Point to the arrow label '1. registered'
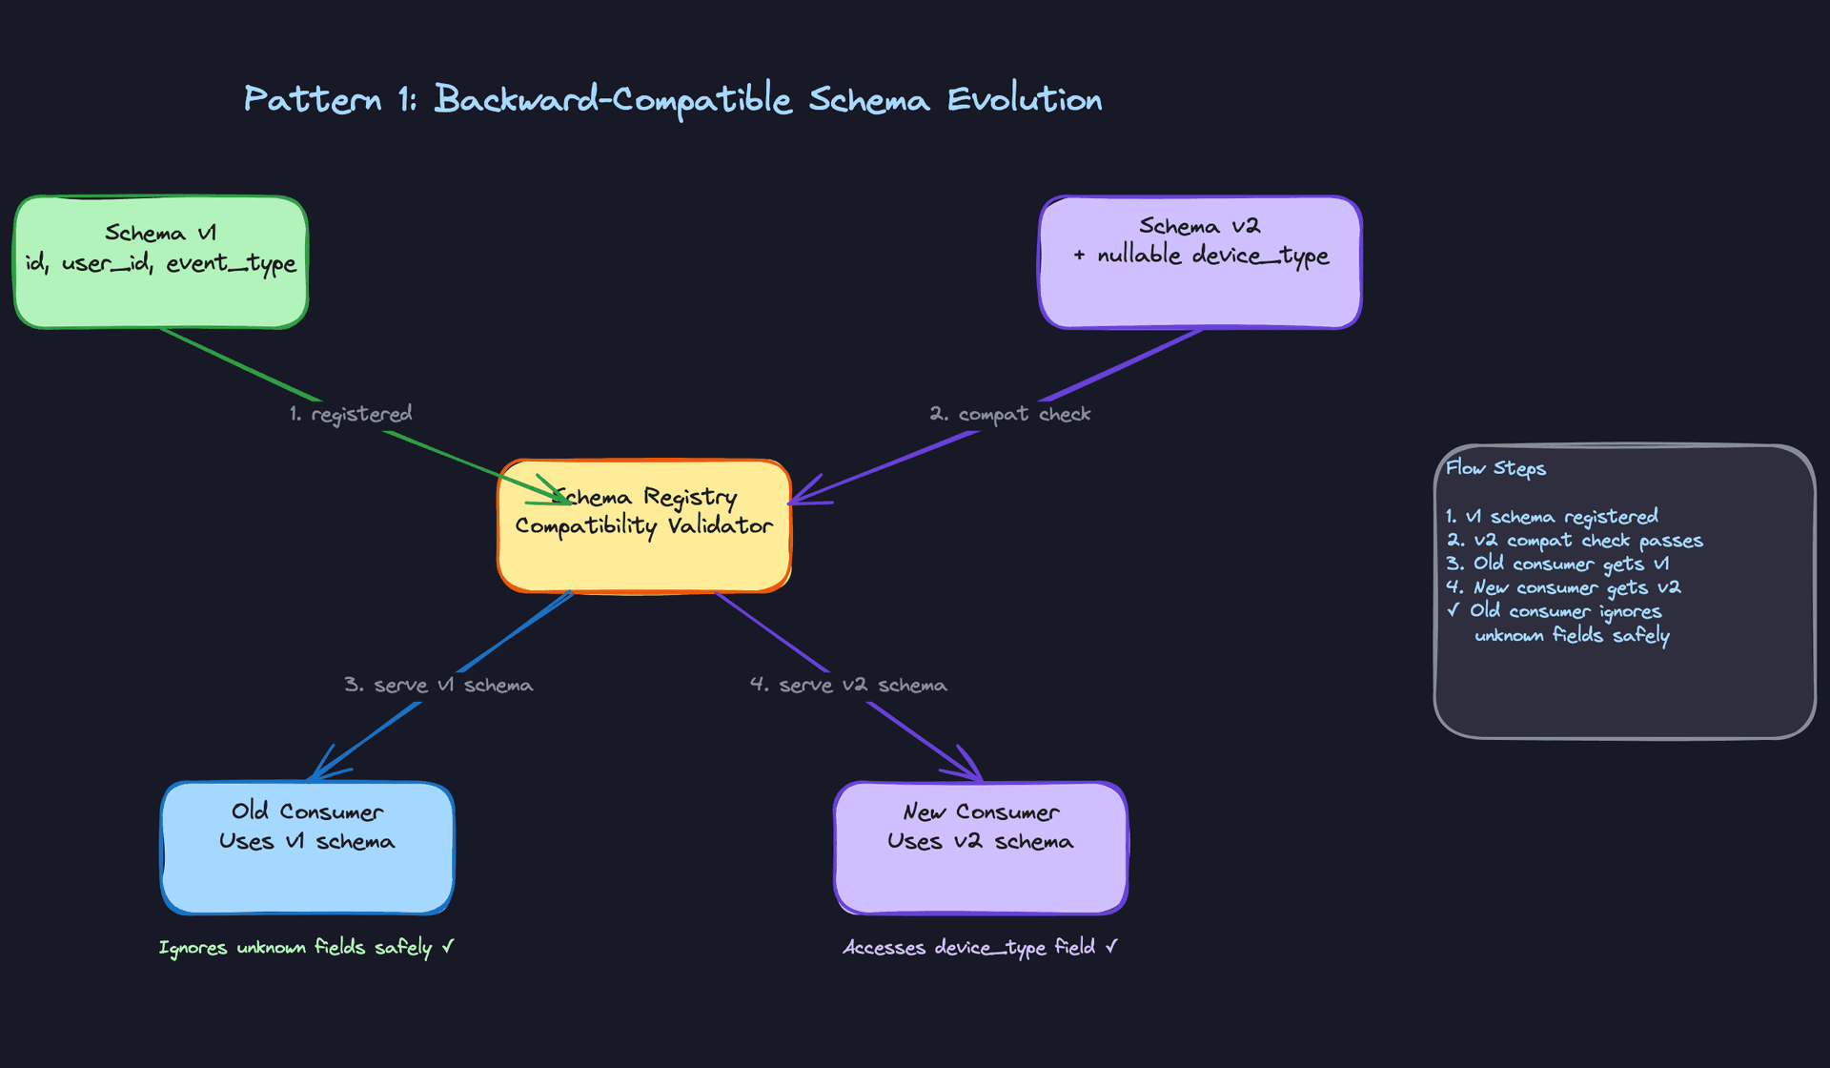(x=351, y=414)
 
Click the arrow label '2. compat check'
(x=1009, y=414)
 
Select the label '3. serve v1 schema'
(x=438, y=685)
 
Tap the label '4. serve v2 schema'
(x=848, y=685)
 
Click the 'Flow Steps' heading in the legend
(x=1495, y=468)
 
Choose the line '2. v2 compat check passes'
(x=1574, y=541)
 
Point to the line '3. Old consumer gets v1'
(x=1556, y=564)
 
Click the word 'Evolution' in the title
(x=1024, y=99)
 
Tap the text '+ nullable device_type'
(x=1200, y=256)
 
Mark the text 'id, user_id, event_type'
(x=160, y=263)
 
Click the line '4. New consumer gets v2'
(x=1562, y=587)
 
